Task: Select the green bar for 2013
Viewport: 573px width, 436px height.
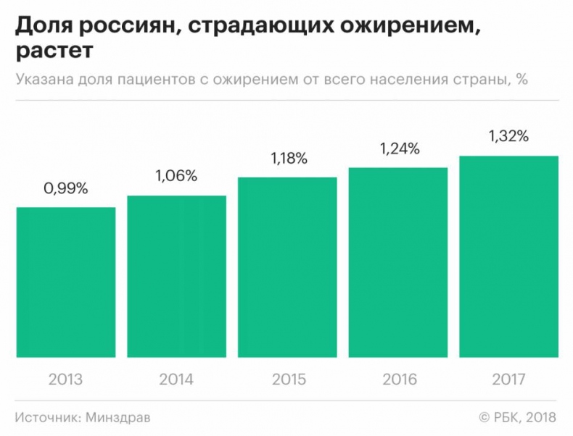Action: click(x=66, y=282)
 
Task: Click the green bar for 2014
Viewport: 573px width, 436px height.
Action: click(x=176, y=277)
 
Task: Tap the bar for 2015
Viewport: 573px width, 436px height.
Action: click(x=287, y=267)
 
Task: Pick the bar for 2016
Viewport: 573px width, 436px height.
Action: click(x=398, y=262)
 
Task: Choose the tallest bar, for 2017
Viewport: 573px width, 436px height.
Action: click(x=509, y=256)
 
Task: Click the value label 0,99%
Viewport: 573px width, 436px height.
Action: click(x=66, y=189)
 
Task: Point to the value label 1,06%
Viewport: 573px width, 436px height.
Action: click(x=176, y=177)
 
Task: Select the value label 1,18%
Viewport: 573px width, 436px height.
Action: click(x=287, y=159)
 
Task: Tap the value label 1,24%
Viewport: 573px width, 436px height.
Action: click(x=398, y=149)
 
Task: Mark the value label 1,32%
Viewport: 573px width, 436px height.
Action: click(x=509, y=137)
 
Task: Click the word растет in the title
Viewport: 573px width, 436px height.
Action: click(x=54, y=52)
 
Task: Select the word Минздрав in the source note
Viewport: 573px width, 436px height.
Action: click(x=119, y=418)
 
